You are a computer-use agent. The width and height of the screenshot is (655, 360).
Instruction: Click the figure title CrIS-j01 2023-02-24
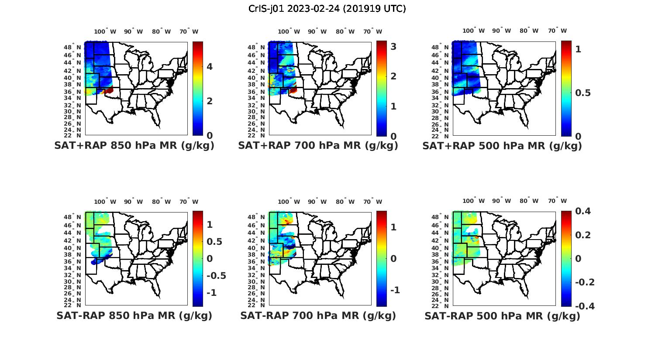tap(327, 9)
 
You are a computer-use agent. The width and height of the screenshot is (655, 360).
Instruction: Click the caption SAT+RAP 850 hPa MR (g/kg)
tap(134, 146)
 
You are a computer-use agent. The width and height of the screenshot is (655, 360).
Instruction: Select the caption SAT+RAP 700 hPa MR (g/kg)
tap(318, 146)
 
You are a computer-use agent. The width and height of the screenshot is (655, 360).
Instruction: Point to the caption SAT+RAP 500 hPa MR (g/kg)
tap(502, 146)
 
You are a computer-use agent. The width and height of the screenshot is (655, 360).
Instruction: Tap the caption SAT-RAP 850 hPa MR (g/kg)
tap(134, 315)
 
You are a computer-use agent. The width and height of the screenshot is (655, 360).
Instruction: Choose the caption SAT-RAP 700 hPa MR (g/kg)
tap(318, 315)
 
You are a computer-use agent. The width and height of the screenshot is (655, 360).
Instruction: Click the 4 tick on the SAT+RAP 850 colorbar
tap(210, 66)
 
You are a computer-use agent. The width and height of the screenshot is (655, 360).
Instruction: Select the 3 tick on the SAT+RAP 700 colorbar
tap(393, 46)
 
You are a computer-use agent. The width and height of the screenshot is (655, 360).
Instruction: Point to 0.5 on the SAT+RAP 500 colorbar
tap(583, 93)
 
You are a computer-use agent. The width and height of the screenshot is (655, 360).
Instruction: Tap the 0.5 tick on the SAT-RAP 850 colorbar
tap(214, 242)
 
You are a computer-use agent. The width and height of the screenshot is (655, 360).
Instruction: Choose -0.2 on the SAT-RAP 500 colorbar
tap(585, 282)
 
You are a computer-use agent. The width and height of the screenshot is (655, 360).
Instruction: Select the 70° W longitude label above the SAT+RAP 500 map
tap(557, 31)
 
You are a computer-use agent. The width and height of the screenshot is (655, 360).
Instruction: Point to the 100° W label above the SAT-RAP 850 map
tap(105, 202)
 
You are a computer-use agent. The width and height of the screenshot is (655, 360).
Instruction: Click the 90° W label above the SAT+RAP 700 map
tap(317, 31)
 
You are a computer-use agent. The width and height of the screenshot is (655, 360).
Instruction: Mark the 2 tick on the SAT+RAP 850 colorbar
tap(210, 101)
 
